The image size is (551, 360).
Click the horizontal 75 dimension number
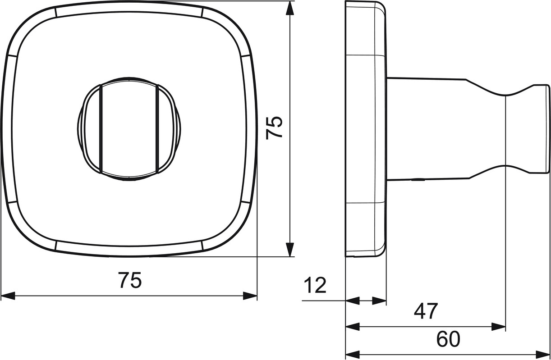[130, 280]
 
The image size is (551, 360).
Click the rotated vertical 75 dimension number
[274, 128]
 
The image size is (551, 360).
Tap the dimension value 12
[315, 285]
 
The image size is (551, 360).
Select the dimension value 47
[426, 311]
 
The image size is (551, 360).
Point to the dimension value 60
[448, 339]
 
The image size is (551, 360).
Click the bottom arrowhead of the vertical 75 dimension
[290, 250]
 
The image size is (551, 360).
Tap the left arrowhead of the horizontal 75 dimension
[8, 296]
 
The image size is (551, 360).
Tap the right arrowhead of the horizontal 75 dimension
[250, 296]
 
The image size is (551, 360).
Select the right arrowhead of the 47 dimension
[499, 327]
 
